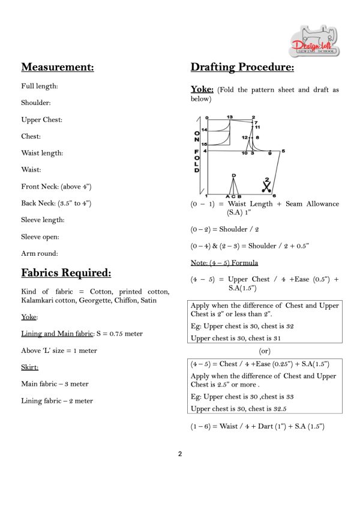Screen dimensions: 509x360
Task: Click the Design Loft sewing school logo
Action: click(314, 41)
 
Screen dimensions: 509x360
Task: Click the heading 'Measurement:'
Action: click(57, 67)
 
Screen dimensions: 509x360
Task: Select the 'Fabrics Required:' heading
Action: click(66, 273)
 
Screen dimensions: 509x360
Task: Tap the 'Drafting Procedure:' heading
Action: click(242, 67)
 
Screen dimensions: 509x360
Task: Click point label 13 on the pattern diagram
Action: click(230, 116)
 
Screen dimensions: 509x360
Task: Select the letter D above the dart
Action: click(233, 175)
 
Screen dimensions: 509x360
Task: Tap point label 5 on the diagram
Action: click(283, 151)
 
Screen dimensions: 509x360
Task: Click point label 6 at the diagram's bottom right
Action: click(274, 196)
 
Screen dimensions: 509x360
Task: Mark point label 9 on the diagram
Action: click(269, 154)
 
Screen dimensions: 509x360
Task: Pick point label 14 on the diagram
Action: click(204, 130)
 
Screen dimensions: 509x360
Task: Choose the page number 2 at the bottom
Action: click(180, 454)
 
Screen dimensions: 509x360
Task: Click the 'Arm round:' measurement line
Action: click(39, 253)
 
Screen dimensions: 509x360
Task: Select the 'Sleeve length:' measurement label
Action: click(43, 220)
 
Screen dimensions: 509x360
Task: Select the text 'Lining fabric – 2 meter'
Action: click(57, 400)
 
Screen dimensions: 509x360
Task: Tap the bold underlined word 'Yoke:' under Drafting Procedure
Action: click(202, 89)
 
